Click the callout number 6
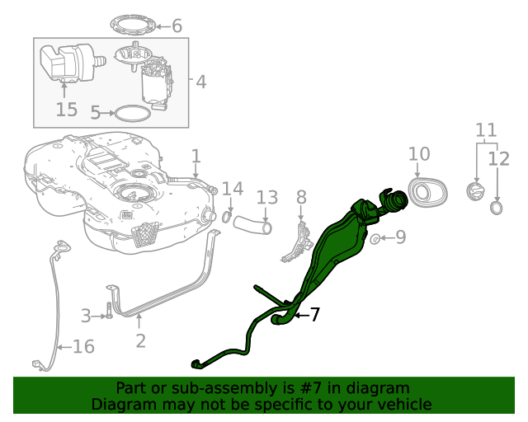point(177,26)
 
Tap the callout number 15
point(66,109)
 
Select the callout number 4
point(200,82)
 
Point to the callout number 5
point(96,112)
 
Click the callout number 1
point(196,156)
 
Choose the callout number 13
point(266,198)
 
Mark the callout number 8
point(301,196)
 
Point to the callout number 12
point(499,158)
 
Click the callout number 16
point(83,346)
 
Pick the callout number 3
point(85,315)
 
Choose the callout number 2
point(140,340)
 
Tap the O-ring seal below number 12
point(497,208)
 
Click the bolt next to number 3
point(107,313)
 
